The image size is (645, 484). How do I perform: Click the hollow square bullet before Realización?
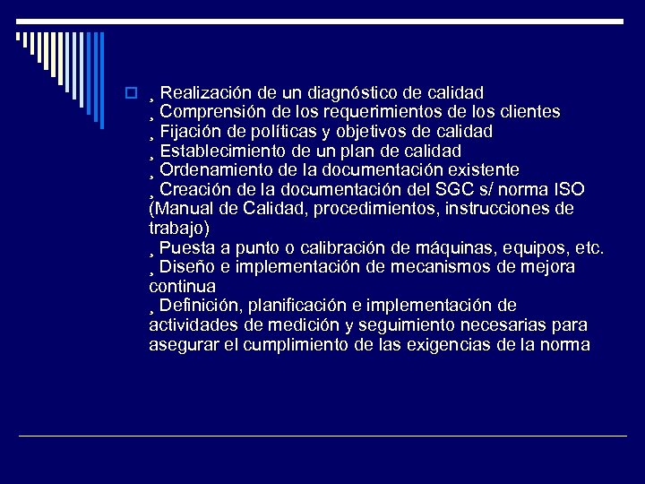131,93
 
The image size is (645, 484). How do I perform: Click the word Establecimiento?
219,151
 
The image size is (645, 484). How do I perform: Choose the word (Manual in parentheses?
179,209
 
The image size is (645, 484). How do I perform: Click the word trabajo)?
179,229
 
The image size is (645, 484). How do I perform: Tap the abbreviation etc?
589,248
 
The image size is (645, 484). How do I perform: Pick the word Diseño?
188,267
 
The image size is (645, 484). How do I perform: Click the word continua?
182,287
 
